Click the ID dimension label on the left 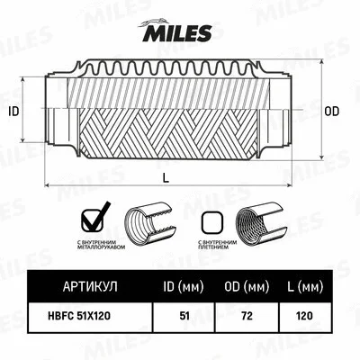13,112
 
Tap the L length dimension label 166,179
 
